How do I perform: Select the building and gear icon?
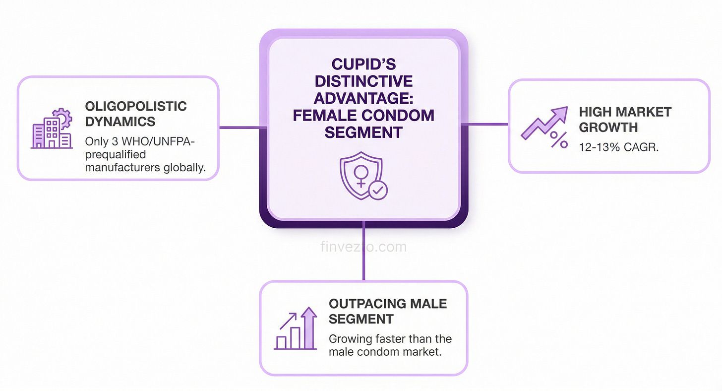51,129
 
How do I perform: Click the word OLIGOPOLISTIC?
136,106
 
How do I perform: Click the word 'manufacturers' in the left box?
122,167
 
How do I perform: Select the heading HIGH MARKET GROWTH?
625,119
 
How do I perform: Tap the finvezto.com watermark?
363,247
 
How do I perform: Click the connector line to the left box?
239,127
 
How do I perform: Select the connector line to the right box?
488,124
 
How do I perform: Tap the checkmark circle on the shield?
378,190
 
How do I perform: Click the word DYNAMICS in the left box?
120,121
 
